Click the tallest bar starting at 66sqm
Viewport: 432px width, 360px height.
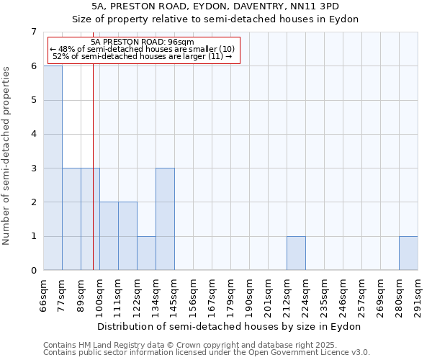pos(53,168)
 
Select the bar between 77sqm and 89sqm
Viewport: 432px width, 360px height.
pos(71,219)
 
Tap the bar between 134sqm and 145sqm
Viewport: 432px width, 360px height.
pos(165,219)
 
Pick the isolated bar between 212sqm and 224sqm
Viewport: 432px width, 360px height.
pos(296,253)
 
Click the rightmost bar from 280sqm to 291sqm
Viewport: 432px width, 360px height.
pos(408,253)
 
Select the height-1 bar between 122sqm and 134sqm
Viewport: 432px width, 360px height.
pos(146,253)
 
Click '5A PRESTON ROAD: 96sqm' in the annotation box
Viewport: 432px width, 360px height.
pos(143,42)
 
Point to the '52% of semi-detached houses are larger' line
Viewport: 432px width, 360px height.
pos(143,56)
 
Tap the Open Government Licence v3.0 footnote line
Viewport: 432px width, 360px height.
pos(207,353)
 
